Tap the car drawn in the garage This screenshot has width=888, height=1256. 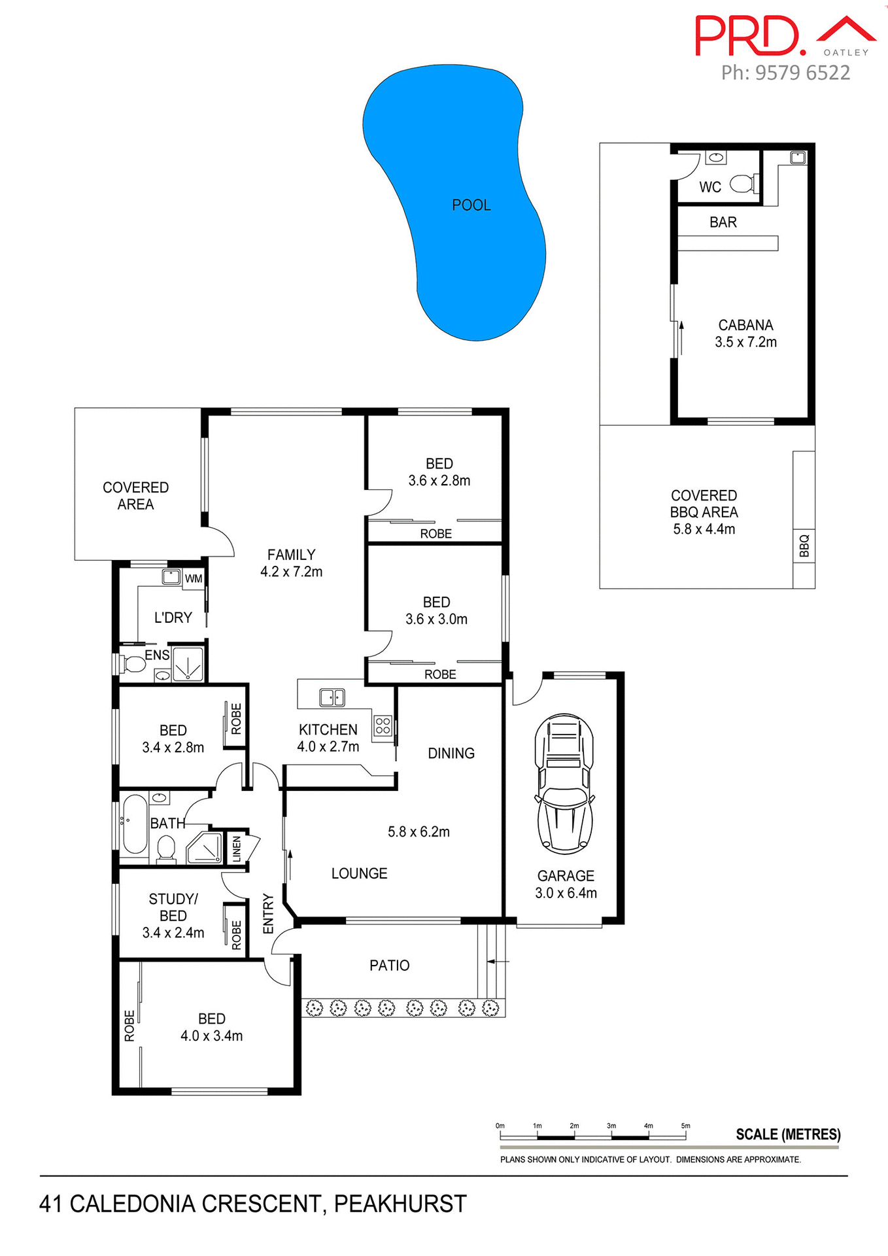[x=564, y=784]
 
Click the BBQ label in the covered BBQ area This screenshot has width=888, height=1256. [x=804, y=546]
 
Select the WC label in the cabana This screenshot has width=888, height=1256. [x=710, y=187]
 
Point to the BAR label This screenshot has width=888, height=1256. [x=723, y=222]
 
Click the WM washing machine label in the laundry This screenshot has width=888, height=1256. [x=194, y=578]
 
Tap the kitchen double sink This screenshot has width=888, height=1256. [x=332, y=697]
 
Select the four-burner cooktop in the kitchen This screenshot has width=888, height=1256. [x=383, y=725]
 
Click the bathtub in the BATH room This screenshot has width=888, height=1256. [x=135, y=823]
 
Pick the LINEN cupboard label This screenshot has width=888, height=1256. [x=237, y=848]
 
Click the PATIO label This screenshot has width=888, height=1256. [x=389, y=966]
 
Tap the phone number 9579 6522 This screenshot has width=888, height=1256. [x=802, y=73]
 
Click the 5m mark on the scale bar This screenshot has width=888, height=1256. [x=685, y=1126]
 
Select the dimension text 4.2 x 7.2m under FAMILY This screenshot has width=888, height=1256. [x=292, y=572]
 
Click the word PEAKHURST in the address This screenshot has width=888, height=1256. [x=400, y=1204]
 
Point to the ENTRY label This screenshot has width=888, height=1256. [x=268, y=914]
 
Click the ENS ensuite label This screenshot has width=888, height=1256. [x=157, y=655]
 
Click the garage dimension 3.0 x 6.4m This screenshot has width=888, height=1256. [x=566, y=893]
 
